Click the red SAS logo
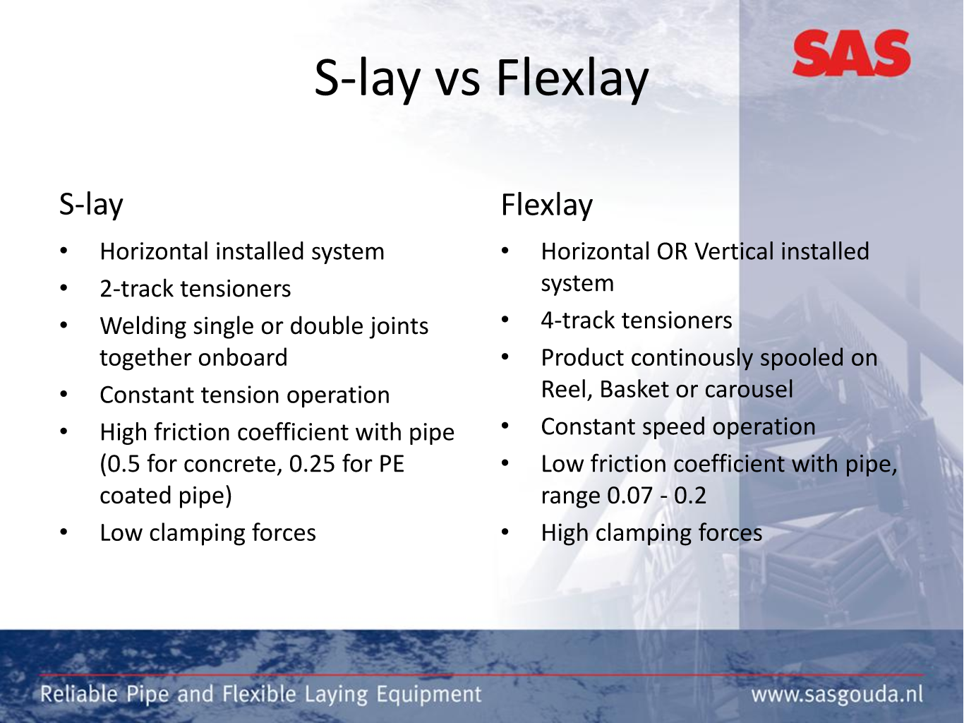(x=851, y=53)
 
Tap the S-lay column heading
(x=91, y=205)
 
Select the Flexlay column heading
(x=547, y=205)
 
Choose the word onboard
(x=243, y=357)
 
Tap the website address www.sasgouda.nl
(x=837, y=695)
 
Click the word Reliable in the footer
(x=79, y=695)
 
